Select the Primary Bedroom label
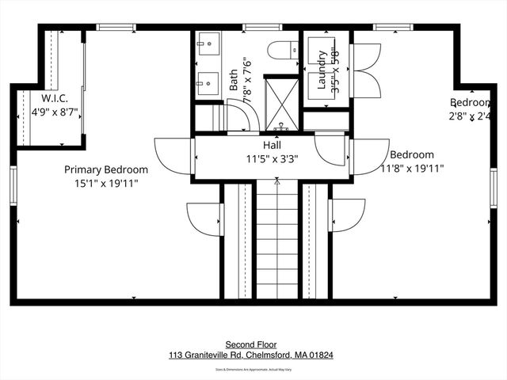tap(106, 169)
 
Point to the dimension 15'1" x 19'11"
tap(106, 184)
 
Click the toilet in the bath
tap(282, 51)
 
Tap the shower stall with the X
tap(280, 103)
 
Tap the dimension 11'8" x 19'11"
tap(412, 168)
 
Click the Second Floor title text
tap(251, 344)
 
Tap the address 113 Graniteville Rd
tap(251, 355)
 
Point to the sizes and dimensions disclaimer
tap(251, 369)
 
